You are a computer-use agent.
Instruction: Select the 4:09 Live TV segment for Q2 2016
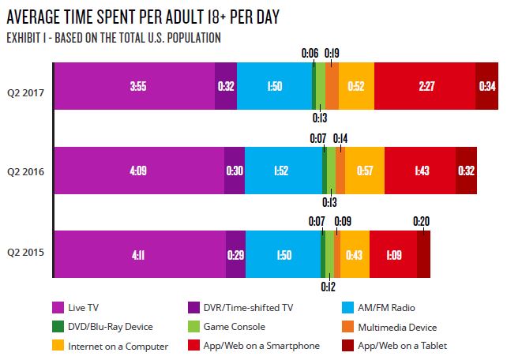(x=138, y=171)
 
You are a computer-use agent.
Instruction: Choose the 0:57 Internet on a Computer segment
(x=364, y=171)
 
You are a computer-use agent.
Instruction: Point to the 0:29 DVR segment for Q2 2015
(x=235, y=254)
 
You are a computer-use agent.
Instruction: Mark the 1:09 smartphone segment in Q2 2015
(x=392, y=254)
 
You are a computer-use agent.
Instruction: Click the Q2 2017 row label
(x=25, y=87)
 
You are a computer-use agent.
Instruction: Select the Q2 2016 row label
(x=25, y=171)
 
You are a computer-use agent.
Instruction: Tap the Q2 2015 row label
(x=25, y=254)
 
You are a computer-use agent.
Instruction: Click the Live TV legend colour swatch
(x=58, y=307)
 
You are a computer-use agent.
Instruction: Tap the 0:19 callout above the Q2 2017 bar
(x=332, y=53)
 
